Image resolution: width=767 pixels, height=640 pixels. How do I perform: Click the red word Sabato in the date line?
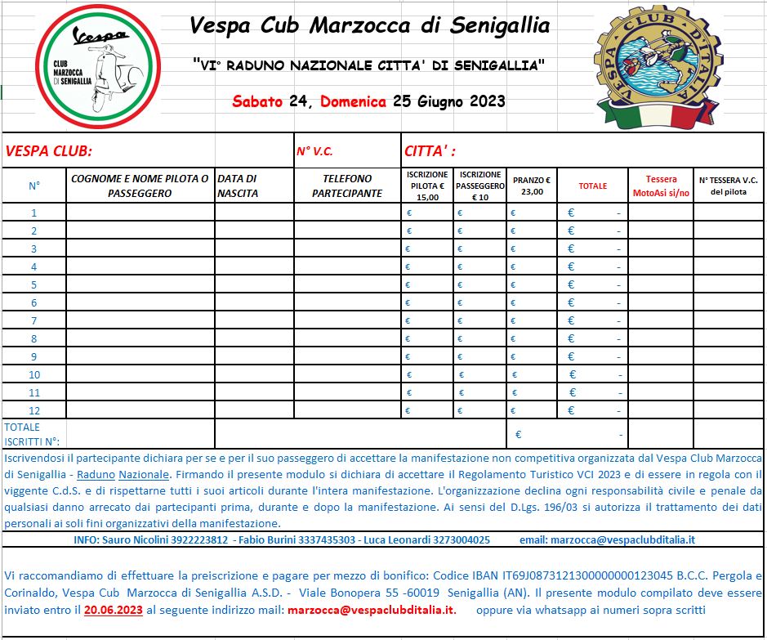(x=257, y=102)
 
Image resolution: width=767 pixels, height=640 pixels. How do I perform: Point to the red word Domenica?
(x=354, y=102)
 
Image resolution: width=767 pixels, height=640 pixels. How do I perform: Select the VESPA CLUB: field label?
(x=49, y=151)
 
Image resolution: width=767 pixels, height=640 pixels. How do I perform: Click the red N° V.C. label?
(x=314, y=151)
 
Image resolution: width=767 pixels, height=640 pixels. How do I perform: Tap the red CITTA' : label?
(x=430, y=151)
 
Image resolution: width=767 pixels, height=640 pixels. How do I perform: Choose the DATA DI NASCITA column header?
(x=238, y=186)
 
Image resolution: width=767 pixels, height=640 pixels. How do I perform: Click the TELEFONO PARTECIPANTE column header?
(x=347, y=186)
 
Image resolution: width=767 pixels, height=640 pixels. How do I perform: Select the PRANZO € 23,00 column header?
(x=531, y=186)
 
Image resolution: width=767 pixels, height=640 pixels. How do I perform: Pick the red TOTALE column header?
(x=592, y=186)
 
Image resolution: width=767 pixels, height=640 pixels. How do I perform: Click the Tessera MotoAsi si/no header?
(x=661, y=186)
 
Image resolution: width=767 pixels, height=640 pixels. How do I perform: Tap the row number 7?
(x=34, y=320)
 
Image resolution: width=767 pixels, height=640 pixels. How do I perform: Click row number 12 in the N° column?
(x=34, y=410)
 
